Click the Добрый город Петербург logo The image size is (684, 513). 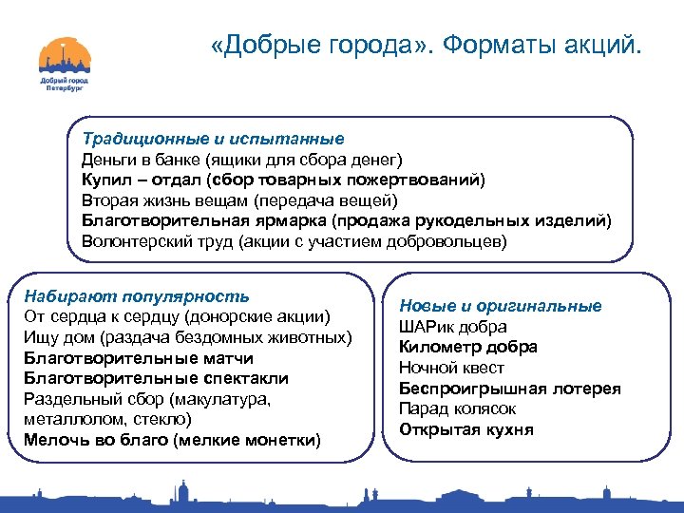64,65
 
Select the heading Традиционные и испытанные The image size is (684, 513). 212,139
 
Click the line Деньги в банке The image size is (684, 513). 241,160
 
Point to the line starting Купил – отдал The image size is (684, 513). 282,180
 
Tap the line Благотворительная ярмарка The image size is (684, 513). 346,221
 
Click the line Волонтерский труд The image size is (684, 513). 294,241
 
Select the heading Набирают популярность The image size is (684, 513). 137,295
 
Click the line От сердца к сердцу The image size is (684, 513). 177,315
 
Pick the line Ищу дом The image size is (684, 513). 187,336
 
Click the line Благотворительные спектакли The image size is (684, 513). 156,378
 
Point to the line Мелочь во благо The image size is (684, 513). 172,440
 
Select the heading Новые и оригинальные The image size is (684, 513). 500,306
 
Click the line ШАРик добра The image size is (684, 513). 452,327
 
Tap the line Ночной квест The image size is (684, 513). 451,368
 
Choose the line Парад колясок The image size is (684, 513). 457,408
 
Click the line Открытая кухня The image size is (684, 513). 465,429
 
